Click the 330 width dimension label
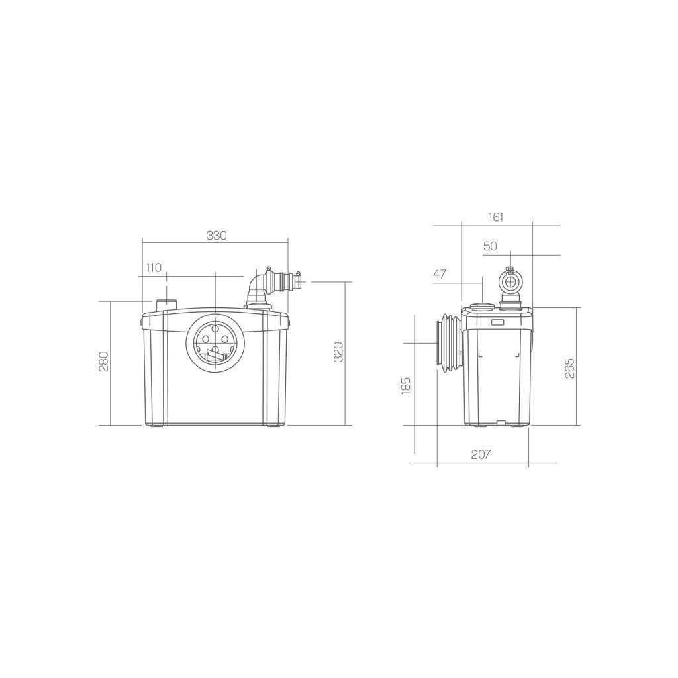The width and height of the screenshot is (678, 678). click(217, 236)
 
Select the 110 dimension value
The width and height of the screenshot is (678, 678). click(154, 267)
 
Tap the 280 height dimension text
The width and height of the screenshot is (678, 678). click(104, 361)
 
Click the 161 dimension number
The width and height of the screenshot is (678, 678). click(496, 217)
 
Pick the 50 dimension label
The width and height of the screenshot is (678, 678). click(490, 246)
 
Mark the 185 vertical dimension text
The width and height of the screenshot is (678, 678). click(406, 386)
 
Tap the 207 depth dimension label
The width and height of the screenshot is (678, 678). click(481, 455)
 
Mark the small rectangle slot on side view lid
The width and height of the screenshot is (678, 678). click(497, 322)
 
